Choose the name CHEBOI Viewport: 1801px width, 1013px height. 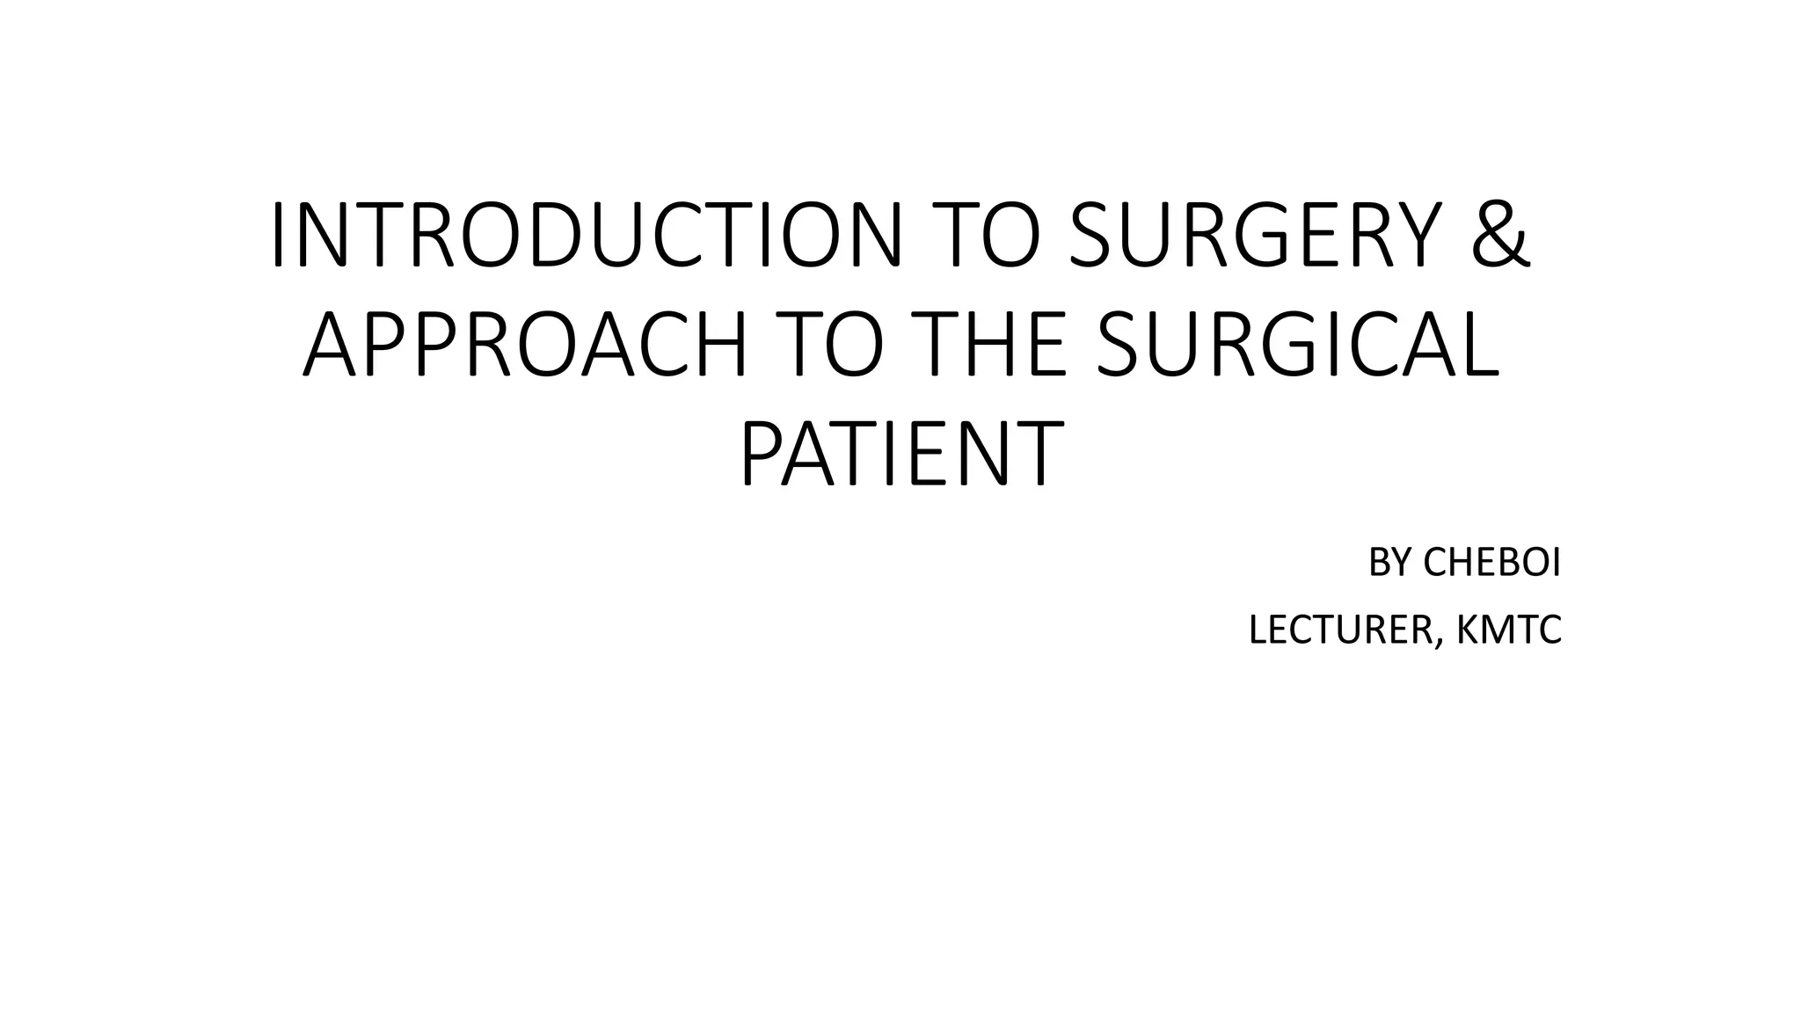click(1491, 564)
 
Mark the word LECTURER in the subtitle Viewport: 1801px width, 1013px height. click(1340, 630)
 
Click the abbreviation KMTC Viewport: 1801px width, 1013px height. click(1509, 630)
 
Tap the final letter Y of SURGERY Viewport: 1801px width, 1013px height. click(1415, 235)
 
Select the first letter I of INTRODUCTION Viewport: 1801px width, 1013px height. click(279, 235)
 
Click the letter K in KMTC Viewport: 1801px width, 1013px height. click(1468, 630)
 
